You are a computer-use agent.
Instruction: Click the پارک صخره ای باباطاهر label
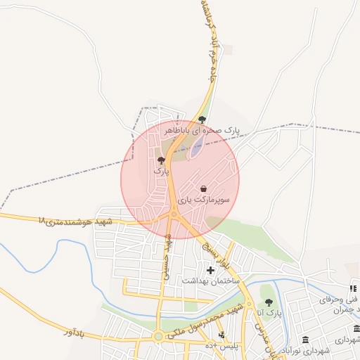pos(202,131)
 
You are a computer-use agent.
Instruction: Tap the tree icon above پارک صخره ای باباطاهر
pos(202,120)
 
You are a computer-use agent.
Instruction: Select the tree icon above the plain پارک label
pos(162,160)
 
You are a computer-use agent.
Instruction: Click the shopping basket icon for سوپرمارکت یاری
pos(203,189)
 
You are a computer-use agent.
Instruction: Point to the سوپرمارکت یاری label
pos(203,200)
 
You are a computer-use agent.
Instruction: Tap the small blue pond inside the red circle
pos(198,146)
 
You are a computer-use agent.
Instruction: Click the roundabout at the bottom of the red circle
pos(174,214)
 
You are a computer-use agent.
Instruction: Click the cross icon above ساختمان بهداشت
pos(210,270)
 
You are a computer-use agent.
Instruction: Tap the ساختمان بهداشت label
pos(211,281)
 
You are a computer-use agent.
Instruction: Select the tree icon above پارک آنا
pos(269,302)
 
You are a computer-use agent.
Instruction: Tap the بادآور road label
pos(78,330)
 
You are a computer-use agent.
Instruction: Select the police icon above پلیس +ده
pos(222,335)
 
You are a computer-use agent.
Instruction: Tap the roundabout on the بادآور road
pos(159,336)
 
